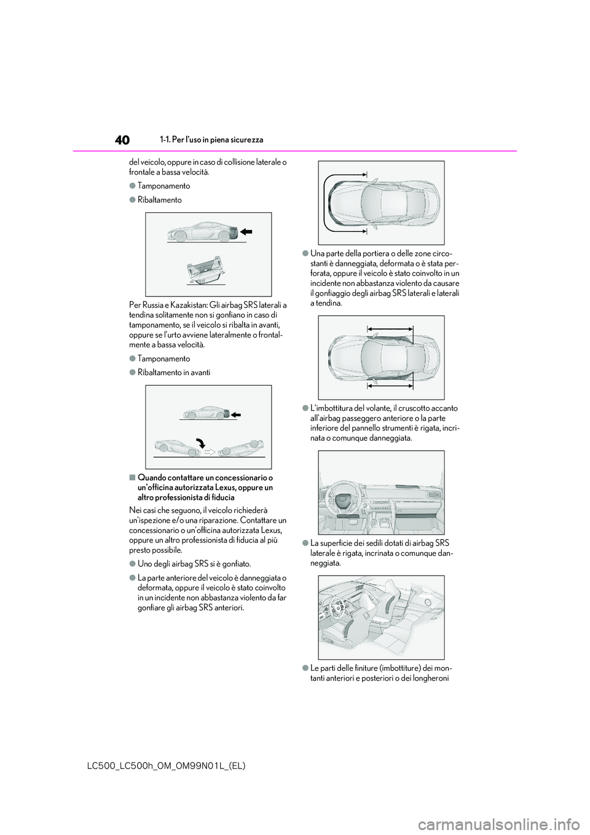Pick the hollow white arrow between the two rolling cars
click(208, 451)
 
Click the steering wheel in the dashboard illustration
click(343, 496)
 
